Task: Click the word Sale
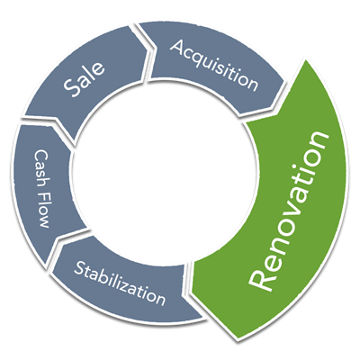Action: pyautogui.click(x=85, y=79)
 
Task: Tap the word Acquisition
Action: pyautogui.click(x=214, y=65)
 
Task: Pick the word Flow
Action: pyautogui.click(x=42, y=211)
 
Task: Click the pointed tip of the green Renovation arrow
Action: pyautogui.click(x=237, y=340)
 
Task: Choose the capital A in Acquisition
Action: pyautogui.click(x=178, y=48)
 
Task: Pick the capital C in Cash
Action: pyautogui.click(x=40, y=155)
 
